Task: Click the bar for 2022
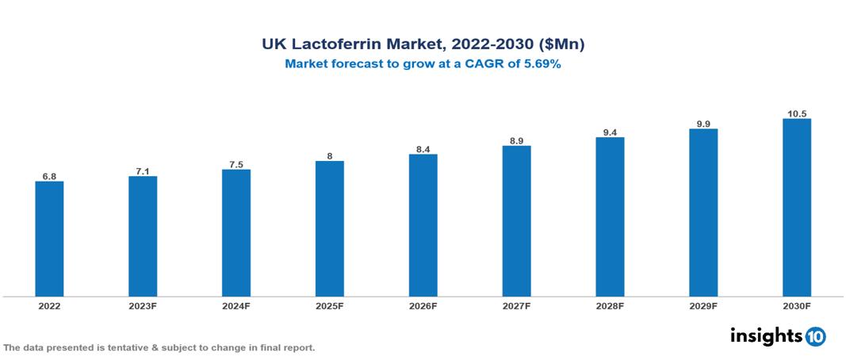click(49, 239)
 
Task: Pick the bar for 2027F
click(516, 221)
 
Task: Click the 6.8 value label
click(49, 176)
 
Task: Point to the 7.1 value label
click(143, 170)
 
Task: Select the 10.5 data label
click(796, 113)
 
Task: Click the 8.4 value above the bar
click(423, 149)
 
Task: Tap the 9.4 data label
click(610, 132)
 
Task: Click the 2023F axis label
click(143, 305)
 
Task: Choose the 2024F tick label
click(236, 305)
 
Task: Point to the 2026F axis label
click(423, 305)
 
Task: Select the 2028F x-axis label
click(610, 305)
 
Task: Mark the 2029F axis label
click(703, 305)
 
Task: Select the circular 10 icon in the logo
click(815, 337)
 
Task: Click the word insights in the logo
click(766, 335)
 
